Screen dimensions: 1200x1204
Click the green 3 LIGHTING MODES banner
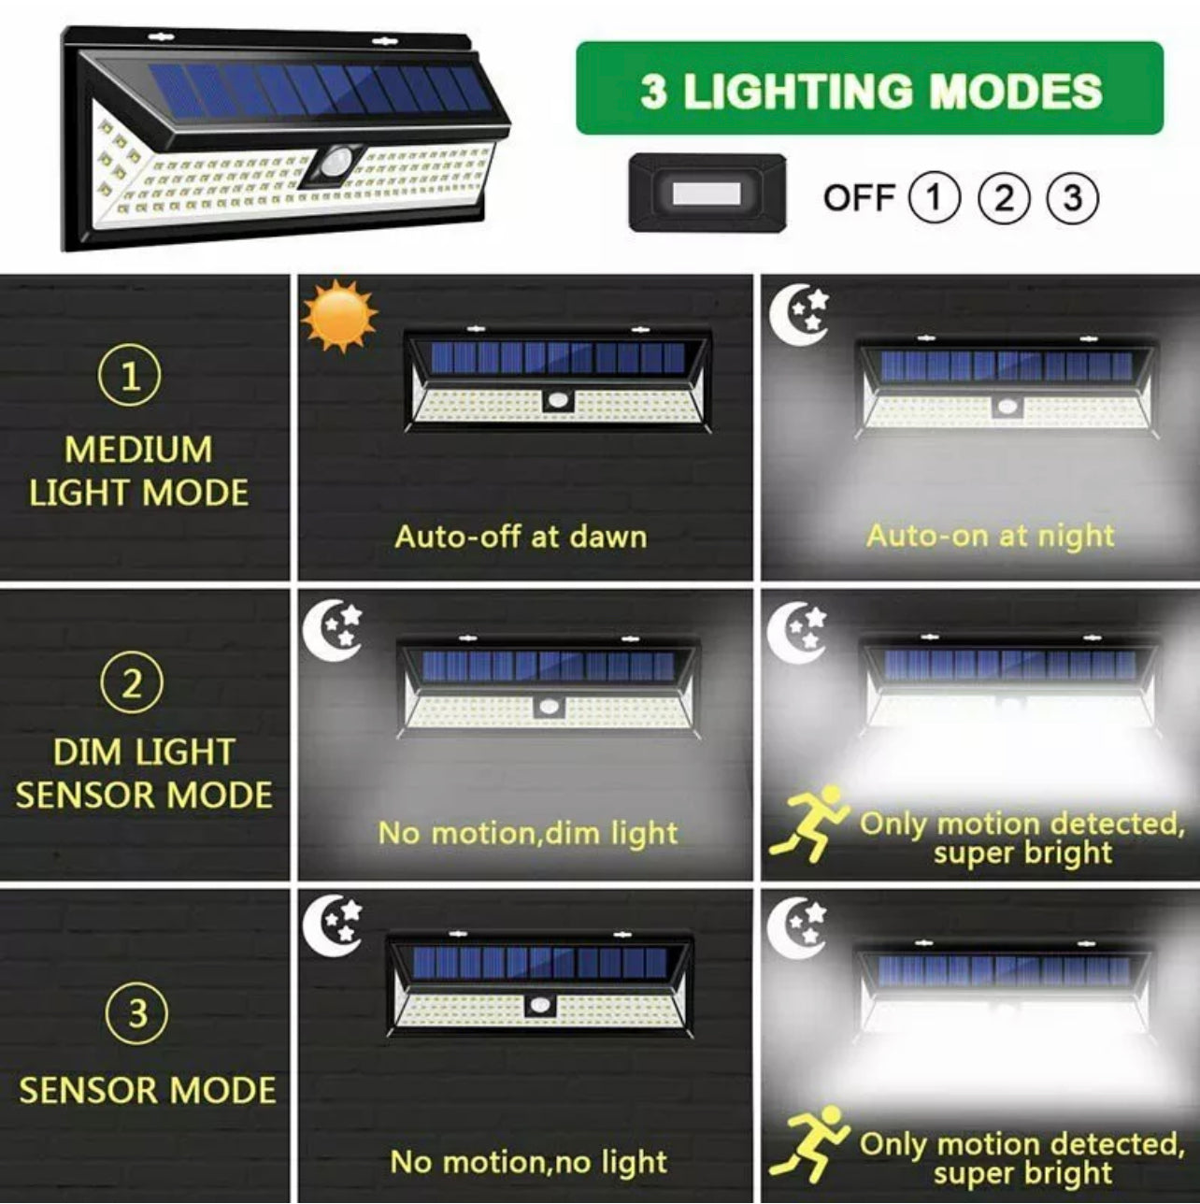tap(869, 88)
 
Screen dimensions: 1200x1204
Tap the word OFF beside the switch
tap(860, 198)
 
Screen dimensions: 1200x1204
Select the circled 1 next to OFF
tap(934, 198)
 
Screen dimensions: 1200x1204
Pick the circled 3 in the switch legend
tap(1072, 198)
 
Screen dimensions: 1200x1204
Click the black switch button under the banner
tap(707, 193)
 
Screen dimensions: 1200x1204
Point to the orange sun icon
tap(339, 316)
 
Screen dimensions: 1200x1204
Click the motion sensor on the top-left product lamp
tap(337, 165)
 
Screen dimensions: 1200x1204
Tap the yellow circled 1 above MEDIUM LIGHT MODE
tap(129, 376)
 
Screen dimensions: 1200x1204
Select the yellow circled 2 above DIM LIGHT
tap(131, 683)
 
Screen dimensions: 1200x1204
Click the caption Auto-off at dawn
tap(521, 537)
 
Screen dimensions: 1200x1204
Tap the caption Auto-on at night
tap(990, 537)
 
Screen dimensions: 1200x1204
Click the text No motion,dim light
tap(528, 834)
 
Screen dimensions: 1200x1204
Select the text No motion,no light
tap(528, 1162)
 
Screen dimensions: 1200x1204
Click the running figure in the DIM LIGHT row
tap(808, 824)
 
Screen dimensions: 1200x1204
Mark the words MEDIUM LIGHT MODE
tap(138, 471)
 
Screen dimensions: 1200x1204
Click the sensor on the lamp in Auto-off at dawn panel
tap(558, 400)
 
